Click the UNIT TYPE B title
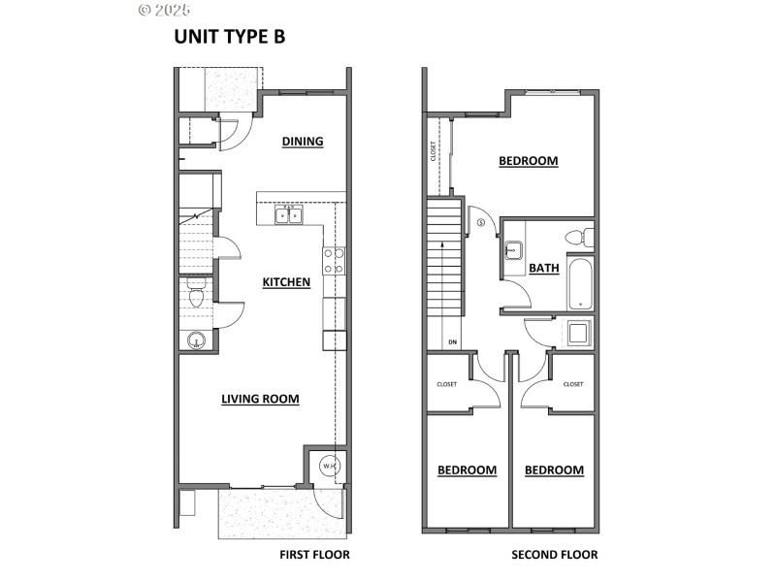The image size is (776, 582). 229,37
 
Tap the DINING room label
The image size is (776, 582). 303,142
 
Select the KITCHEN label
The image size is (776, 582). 286,282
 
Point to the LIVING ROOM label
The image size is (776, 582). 260,398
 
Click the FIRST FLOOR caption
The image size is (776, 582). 313,555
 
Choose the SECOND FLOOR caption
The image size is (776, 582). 555,555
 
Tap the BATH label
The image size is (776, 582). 544,269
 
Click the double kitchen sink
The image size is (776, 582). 288,214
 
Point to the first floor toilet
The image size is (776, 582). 195,299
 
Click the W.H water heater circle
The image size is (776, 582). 330,467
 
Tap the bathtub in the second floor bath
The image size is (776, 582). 580,281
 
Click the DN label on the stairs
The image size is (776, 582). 452,341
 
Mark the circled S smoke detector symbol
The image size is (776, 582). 482,222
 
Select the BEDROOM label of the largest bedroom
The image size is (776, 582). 529,161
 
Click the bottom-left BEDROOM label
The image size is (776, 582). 467,470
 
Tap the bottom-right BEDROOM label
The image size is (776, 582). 554,470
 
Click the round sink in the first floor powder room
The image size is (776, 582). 196,340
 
